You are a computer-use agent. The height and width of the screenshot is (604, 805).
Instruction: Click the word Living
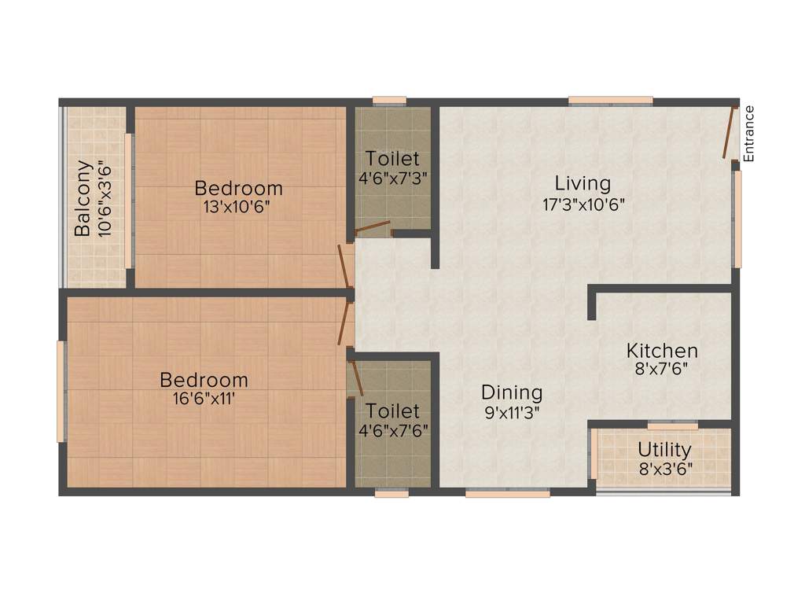583,183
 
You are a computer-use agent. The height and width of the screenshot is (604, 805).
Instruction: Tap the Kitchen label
662,351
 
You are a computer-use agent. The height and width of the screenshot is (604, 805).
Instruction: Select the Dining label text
512,392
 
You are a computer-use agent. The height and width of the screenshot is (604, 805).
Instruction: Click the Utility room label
665,450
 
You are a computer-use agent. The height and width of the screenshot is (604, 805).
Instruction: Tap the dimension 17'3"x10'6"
583,204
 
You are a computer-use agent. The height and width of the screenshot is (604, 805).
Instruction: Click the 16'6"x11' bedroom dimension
204,399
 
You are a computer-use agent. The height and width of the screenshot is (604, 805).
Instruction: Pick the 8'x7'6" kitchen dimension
662,370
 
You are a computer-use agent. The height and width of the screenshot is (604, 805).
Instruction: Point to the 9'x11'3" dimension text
512,410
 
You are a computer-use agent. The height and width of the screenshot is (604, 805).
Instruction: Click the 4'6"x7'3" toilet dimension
392,178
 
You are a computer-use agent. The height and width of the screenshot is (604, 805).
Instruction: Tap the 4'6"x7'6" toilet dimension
392,430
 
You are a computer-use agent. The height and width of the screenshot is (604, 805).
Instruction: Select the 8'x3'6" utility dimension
665,470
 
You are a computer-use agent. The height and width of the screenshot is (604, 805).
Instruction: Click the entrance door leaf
730,132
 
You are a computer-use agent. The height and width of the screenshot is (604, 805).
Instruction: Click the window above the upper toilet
389,101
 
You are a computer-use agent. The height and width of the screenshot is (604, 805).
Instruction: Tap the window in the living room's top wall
611,101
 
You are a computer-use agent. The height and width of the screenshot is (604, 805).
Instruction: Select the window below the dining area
507,494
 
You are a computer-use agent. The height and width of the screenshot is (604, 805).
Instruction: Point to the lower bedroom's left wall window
61,391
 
